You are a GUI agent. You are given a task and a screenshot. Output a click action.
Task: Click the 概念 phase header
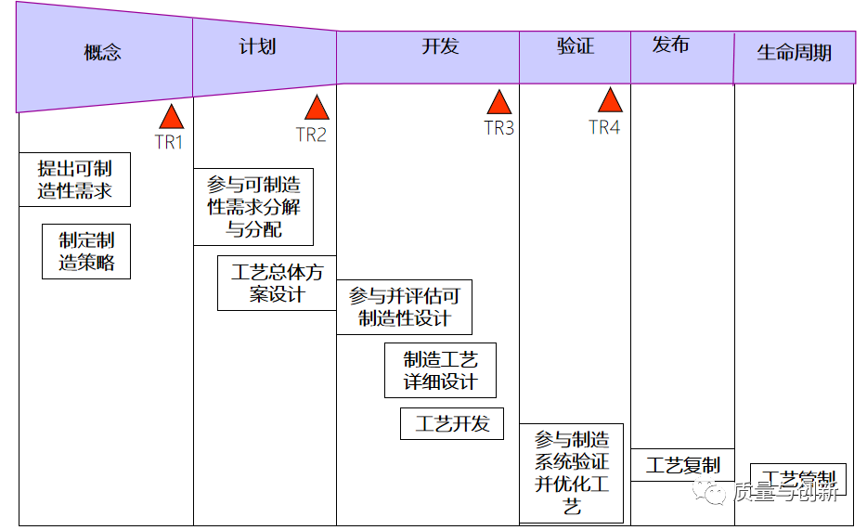point(102,53)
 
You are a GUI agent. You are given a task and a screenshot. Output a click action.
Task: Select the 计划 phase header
point(257,46)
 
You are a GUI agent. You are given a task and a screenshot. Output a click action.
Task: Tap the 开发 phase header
point(440,46)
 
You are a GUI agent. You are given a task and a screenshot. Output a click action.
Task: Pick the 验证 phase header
point(575,46)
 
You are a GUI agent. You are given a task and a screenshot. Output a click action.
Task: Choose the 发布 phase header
point(670,45)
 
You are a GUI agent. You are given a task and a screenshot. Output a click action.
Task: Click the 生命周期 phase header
point(794,53)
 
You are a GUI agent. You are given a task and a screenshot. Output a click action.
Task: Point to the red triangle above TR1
point(171,117)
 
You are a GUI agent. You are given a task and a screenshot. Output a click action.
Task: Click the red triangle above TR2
point(317,108)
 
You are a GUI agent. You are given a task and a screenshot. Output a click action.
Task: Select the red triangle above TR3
point(499,102)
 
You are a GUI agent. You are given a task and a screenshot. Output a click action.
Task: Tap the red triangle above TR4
point(610,100)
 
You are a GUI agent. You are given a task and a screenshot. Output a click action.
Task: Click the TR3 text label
point(499,128)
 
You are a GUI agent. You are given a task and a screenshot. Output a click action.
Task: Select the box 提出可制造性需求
point(74,179)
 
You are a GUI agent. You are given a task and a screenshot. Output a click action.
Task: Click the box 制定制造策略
point(86,251)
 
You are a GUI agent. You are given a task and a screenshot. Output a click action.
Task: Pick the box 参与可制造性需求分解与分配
point(253,207)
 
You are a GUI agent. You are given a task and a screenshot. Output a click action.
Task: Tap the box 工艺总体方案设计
point(277,283)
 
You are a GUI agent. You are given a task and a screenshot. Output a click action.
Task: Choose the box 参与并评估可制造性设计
point(404,307)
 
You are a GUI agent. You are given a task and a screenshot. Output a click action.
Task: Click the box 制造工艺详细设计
point(440,370)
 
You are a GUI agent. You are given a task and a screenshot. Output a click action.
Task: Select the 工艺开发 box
point(452,424)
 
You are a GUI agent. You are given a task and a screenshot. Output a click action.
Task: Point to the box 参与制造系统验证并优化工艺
point(571,473)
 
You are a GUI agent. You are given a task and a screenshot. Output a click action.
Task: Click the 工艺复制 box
point(682,465)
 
